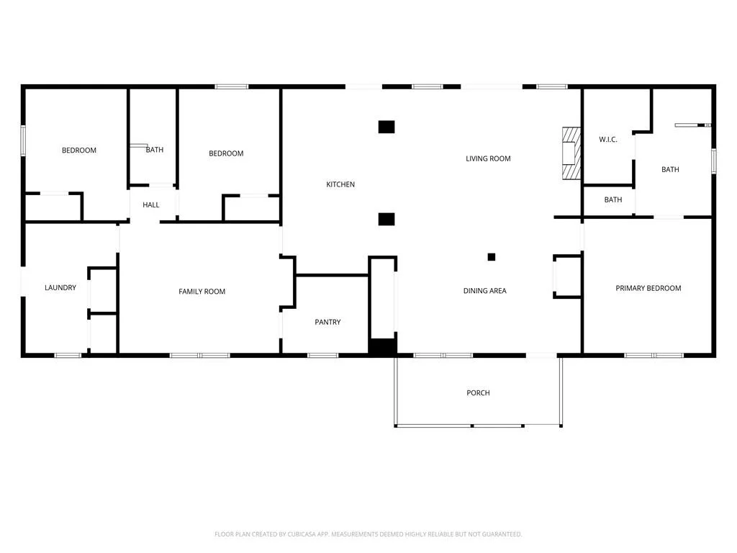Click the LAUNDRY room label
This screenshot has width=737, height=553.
60,287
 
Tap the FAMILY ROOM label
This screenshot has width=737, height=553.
202,292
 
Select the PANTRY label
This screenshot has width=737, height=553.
327,322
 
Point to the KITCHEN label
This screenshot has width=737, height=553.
340,184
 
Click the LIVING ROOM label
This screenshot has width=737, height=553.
488,158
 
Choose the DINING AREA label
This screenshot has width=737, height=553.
484,291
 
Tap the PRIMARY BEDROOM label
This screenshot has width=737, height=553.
648,288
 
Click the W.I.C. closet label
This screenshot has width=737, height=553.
607,140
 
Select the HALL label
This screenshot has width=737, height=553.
151,205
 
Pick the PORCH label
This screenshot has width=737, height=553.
478,392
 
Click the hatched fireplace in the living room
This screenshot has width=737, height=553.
571,153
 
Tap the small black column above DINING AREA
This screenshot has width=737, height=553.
491,257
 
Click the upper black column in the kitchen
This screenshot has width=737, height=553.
386,127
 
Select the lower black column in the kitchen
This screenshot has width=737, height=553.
386,219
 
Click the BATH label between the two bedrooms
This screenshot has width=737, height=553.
155,150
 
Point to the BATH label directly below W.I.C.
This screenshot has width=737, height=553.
613,200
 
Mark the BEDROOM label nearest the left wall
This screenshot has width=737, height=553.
79,150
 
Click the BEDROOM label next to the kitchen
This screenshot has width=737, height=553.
226,153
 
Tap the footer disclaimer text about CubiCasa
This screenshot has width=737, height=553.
368,534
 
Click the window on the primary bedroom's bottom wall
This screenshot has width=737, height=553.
654,356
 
